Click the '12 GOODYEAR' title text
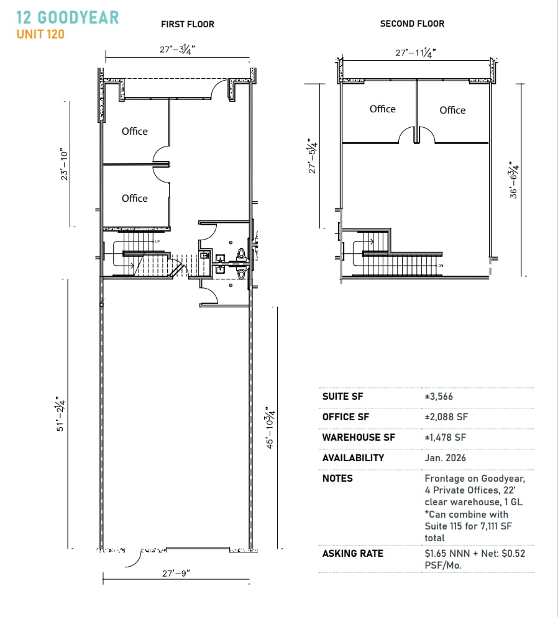click(67, 17)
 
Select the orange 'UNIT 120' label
click(40, 34)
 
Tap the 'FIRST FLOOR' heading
click(187, 24)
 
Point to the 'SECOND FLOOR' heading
click(412, 24)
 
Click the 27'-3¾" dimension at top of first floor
click(177, 50)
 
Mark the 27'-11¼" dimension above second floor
click(416, 53)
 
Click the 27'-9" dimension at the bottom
click(176, 574)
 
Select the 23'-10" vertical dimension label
click(62, 164)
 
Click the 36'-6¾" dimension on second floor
click(513, 181)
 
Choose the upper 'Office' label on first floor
click(135, 131)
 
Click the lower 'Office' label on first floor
click(135, 198)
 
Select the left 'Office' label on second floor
click(382, 109)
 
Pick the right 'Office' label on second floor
click(452, 110)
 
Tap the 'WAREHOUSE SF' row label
click(359, 437)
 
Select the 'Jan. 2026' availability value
click(445, 457)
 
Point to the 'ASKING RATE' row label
click(352, 553)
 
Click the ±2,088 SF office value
click(446, 417)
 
